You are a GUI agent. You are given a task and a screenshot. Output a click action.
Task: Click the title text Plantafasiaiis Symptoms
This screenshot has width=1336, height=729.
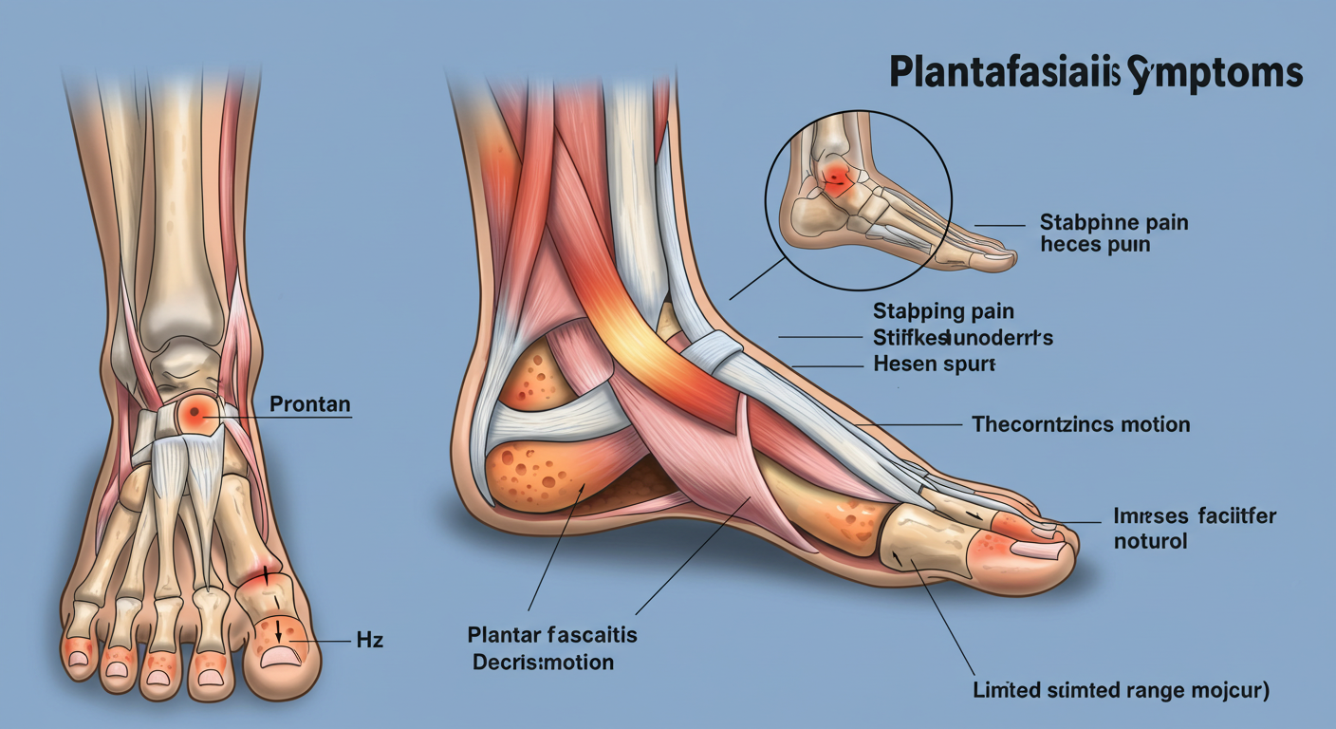pyautogui.click(x=1096, y=74)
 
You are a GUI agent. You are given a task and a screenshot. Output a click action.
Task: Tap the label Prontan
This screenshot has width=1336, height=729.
pyautogui.click(x=310, y=404)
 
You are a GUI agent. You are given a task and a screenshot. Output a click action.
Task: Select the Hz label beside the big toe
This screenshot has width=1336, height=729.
pyautogui.click(x=368, y=641)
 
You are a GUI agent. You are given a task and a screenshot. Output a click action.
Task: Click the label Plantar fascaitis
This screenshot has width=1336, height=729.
pyautogui.click(x=552, y=634)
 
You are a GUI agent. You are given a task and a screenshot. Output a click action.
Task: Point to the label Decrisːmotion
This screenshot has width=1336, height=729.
pyautogui.click(x=543, y=662)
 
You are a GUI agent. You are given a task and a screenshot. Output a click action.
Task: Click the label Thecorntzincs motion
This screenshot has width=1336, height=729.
pyautogui.click(x=1081, y=423)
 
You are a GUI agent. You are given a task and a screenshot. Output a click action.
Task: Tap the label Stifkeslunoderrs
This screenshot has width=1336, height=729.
pyautogui.click(x=962, y=337)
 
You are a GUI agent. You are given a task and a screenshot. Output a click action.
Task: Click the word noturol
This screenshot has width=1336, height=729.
pyautogui.click(x=1150, y=543)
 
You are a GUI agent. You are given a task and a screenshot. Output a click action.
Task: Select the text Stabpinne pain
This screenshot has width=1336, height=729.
pyautogui.click(x=1114, y=224)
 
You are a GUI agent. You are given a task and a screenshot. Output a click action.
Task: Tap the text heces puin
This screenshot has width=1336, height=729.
pyautogui.click(x=1095, y=245)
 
